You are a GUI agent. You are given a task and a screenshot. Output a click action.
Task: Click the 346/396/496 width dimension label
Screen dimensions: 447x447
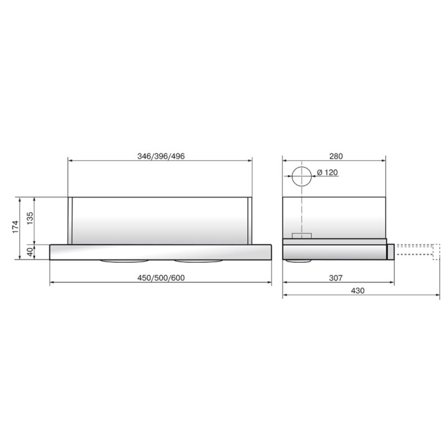(x=161, y=156)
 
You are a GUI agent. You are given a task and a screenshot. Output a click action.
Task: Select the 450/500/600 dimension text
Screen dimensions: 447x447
(x=161, y=278)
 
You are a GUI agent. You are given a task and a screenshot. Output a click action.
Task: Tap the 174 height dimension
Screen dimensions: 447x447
(x=16, y=227)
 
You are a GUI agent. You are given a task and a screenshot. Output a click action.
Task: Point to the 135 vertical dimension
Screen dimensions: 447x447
(x=30, y=219)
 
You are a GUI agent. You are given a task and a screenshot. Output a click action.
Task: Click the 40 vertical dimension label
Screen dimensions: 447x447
(x=30, y=252)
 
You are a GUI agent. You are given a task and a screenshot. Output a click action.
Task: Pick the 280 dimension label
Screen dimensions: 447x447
(x=336, y=156)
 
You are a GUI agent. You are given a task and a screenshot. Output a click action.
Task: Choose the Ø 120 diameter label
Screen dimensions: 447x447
(x=327, y=173)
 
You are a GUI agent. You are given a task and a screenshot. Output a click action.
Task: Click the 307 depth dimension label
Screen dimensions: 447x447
(x=336, y=278)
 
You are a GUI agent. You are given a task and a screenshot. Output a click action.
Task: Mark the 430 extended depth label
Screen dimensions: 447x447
(x=358, y=291)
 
